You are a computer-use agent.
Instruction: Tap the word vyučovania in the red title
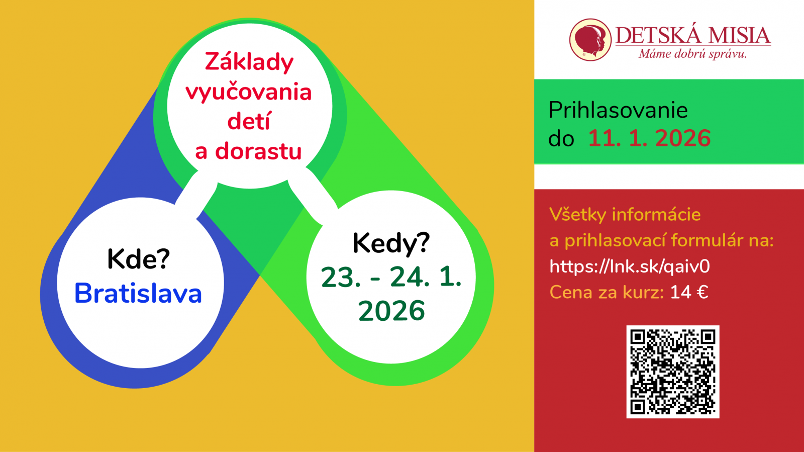(x=248, y=93)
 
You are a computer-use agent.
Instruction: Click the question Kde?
(x=138, y=258)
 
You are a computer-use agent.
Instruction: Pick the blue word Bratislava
(x=138, y=293)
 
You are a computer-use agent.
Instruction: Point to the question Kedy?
(x=391, y=243)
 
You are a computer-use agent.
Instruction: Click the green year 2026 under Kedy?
(x=391, y=310)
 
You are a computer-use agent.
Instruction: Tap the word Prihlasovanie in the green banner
(x=618, y=110)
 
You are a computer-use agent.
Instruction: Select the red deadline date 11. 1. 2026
(x=649, y=138)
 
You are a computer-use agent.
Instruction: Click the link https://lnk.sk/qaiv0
(x=630, y=266)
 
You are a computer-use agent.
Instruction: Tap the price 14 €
(x=689, y=292)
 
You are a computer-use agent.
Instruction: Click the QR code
(x=673, y=372)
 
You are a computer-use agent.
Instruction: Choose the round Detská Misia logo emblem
(x=590, y=40)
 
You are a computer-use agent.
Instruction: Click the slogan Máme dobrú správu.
(x=692, y=54)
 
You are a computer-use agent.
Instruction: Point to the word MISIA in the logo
(x=740, y=36)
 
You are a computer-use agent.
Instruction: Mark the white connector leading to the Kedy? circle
(x=312, y=196)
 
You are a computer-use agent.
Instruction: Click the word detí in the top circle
(x=248, y=121)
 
